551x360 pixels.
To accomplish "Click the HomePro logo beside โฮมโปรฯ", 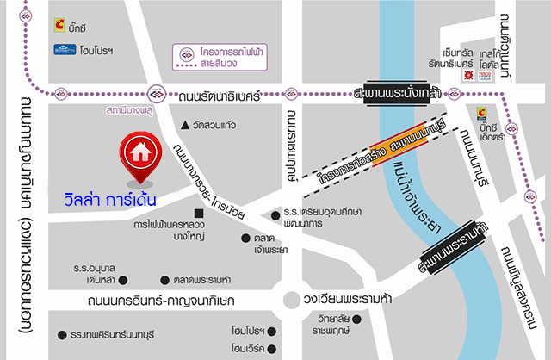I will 65,49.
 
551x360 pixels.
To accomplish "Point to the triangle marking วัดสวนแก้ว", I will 183,126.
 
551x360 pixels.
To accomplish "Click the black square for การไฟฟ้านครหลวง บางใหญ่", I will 199,213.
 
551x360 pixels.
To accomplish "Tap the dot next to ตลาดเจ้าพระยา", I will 246,238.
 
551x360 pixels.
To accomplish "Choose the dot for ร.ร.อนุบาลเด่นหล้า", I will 122,280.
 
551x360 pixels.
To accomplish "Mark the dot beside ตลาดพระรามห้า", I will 165,280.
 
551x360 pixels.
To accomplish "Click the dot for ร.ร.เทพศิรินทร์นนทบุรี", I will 61,335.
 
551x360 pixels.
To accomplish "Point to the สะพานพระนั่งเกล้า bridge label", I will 398,93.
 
